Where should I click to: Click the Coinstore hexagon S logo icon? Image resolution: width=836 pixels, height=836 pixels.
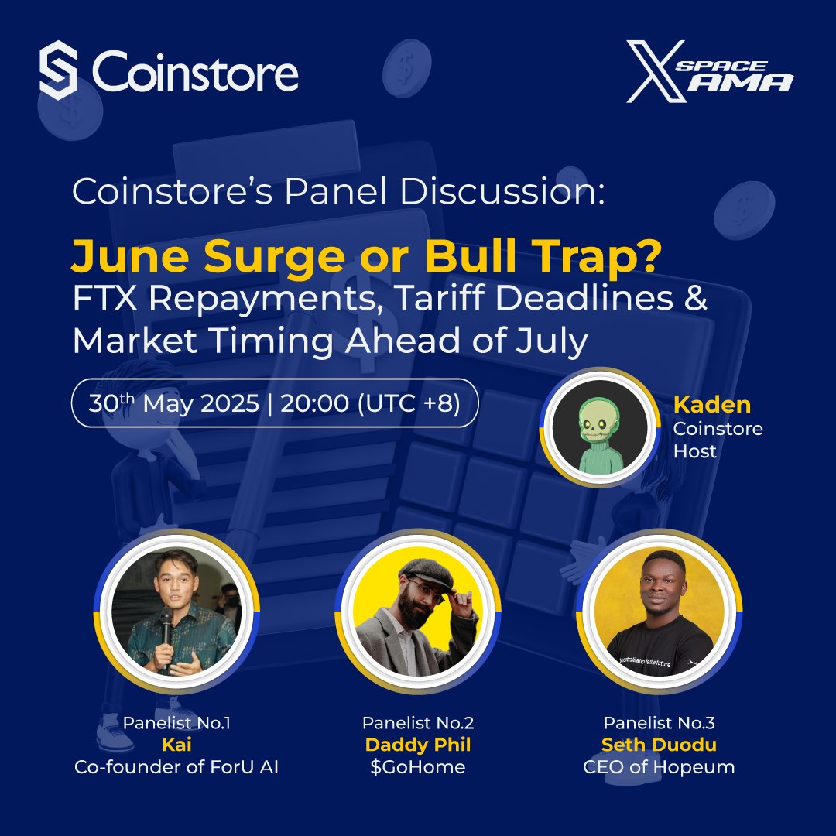(59, 70)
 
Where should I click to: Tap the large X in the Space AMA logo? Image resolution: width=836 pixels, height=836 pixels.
(656, 71)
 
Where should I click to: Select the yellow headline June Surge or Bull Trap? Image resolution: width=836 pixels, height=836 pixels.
(365, 256)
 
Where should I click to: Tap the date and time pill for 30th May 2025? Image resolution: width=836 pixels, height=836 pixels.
(275, 403)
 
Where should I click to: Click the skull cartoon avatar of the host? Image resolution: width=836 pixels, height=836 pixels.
(600, 427)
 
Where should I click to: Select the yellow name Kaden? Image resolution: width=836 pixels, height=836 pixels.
(712, 405)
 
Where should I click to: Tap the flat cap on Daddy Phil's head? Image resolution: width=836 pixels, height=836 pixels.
(427, 573)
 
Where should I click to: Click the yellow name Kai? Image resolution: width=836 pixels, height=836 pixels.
(176, 745)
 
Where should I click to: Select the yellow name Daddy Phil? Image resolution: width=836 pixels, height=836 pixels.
(418, 745)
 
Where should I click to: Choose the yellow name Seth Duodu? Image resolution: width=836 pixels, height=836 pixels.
(659, 745)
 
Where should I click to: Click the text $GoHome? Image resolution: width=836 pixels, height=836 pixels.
(418, 767)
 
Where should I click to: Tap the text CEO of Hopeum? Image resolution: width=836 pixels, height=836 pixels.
(659, 767)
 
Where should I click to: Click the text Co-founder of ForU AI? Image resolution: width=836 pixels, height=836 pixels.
(176, 767)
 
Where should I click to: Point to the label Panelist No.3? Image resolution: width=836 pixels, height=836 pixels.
(659, 723)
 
